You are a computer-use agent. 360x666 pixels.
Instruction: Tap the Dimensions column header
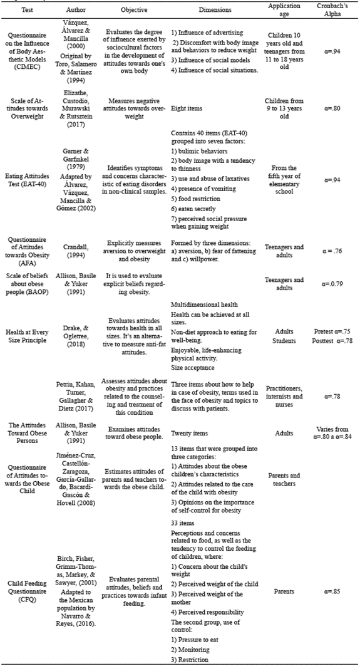(x=215, y=10)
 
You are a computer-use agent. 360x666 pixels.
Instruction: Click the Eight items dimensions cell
(x=187, y=108)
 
